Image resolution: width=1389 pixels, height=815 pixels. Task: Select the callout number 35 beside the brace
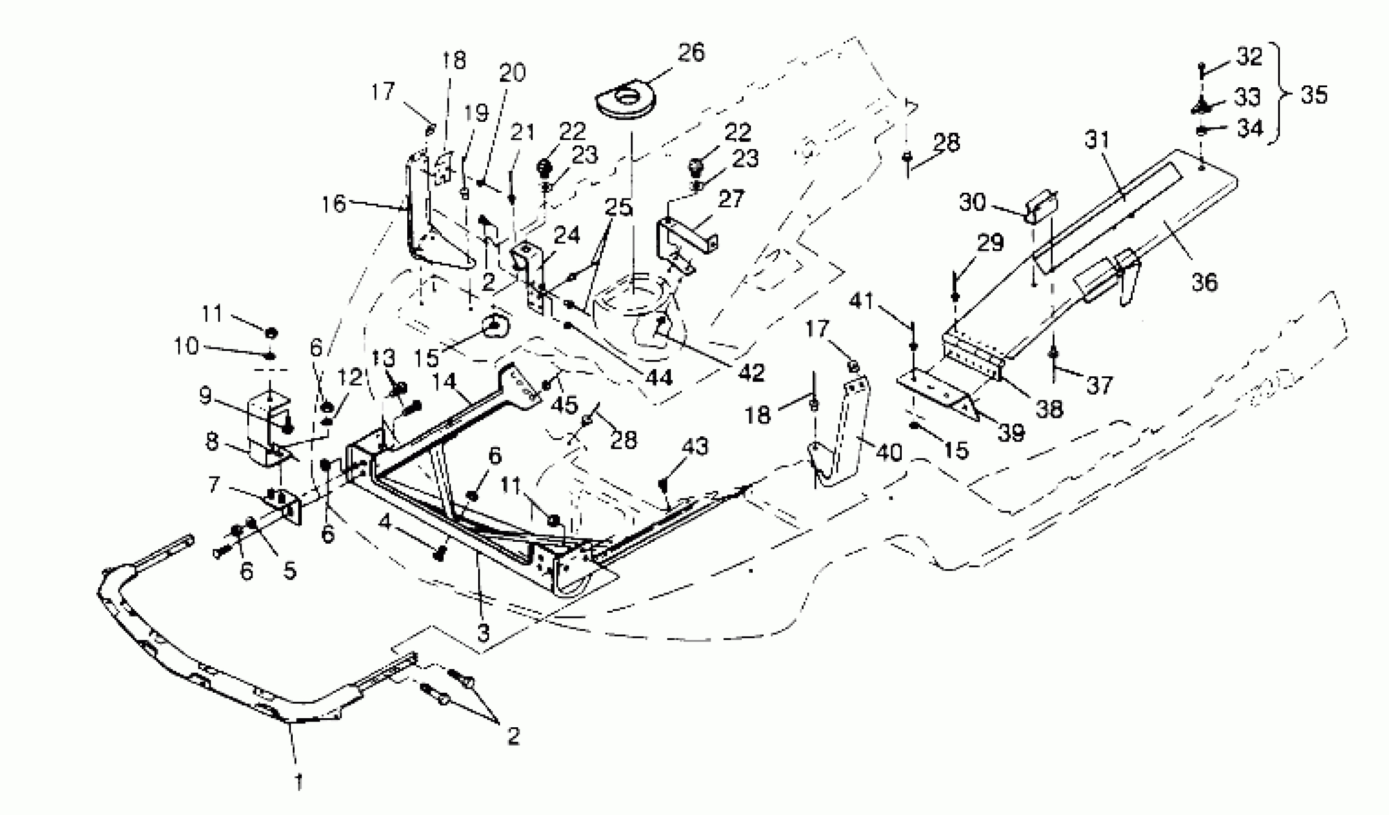(1314, 95)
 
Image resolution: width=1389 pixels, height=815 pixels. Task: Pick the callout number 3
(483, 633)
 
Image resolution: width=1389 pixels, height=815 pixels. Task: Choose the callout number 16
(333, 205)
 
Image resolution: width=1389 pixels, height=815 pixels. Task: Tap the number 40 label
(888, 453)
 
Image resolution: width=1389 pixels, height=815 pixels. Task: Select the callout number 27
(731, 199)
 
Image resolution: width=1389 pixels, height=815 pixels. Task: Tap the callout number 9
(206, 395)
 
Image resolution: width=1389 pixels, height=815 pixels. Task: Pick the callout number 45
(564, 405)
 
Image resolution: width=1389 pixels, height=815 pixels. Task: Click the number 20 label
(513, 73)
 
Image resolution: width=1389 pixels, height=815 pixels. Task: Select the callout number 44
(659, 378)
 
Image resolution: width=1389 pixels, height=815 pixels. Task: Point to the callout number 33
(1247, 97)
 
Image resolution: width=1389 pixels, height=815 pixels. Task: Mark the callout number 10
(186, 347)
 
